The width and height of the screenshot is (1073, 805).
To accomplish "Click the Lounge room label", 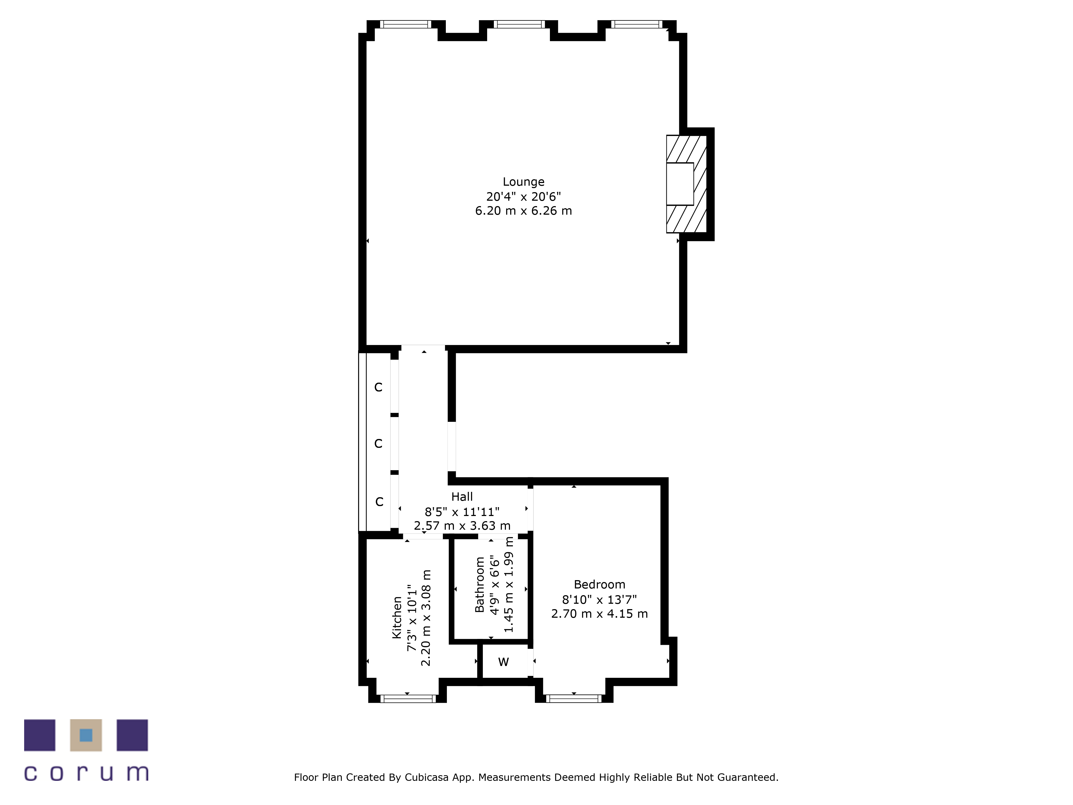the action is pyautogui.click(x=523, y=182).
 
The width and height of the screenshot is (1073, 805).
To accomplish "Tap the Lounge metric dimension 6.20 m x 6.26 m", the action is pyautogui.click(x=523, y=211).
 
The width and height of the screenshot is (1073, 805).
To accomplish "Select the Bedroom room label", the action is pyautogui.click(x=600, y=585).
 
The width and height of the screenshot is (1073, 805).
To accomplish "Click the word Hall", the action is pyautogui.click(x=462, y=497).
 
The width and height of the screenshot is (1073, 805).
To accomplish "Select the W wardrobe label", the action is pyautogui.click(x=504, y=662).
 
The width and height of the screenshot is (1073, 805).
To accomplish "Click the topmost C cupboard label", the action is pyautogui.click(x=378, y=387).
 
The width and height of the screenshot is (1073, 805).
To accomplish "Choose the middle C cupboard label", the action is pyautogui.click(x=378, y=444).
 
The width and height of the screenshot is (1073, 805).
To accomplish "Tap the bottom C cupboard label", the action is pyautogui.click(x=379, y=502).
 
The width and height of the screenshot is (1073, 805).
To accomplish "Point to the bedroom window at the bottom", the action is pyautogui.click(x=574, y=699).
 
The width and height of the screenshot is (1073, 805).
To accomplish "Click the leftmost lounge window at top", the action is pyautogui.click(x=406, y=24).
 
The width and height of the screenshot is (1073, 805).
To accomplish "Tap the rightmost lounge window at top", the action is pyautogui.click(x=637, y=24).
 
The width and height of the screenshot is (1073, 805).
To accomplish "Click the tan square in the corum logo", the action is pyautogui.click(x=86, y=735).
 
